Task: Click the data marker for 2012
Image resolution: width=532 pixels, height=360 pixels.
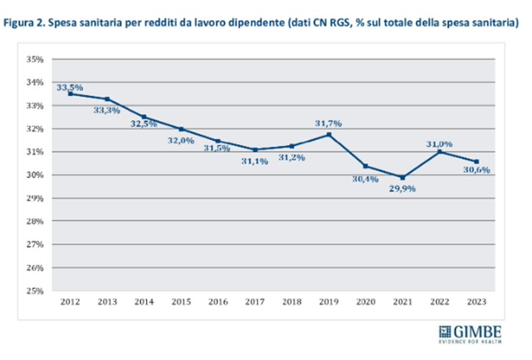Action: coord(70,93)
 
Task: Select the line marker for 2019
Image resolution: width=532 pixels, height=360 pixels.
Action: coord(328,135)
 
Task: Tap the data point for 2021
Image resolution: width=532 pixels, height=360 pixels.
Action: coord(402,177)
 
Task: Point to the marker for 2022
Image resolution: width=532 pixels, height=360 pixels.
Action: coord(439,152)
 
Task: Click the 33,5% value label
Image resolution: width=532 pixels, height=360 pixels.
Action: coord(69,87)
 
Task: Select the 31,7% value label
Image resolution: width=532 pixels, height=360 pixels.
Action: coord(329,124)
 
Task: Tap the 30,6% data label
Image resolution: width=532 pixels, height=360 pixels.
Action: coord(477,170)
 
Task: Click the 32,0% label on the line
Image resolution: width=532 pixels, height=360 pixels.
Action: coord(181,140)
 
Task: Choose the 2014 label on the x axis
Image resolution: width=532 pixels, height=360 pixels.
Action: coord(144,301)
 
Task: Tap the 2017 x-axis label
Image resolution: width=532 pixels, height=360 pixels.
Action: coord(255,301)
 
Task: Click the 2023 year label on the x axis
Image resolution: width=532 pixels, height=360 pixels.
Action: coord(476,301)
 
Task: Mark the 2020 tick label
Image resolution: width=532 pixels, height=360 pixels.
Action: coord(365,301)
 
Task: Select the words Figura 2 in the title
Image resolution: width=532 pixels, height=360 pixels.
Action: coord(24,24)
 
